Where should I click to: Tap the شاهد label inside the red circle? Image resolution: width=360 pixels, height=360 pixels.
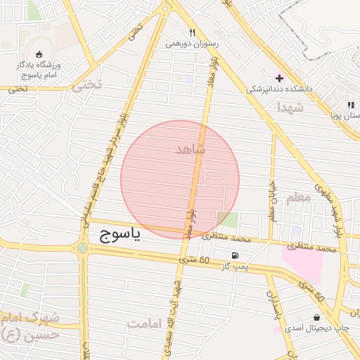(x=190, y=149)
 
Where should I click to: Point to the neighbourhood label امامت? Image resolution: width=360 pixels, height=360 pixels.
(x=145, y=323)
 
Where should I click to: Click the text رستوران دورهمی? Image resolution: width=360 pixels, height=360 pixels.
(x=192, y=44)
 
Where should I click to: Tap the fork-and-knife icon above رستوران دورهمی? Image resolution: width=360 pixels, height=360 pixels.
(x=192, y=32)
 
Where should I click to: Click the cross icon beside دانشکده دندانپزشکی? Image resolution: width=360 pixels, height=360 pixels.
(x=279, y=77)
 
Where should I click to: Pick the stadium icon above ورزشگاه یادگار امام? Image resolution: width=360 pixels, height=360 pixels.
(x=38, y=53)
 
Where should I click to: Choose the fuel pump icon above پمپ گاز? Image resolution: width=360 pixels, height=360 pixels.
(x=234, y=255)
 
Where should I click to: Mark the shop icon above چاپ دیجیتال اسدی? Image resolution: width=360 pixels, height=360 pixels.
(x=316, y=317)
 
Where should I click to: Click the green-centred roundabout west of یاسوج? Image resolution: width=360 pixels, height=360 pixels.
(x=83, y=247)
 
